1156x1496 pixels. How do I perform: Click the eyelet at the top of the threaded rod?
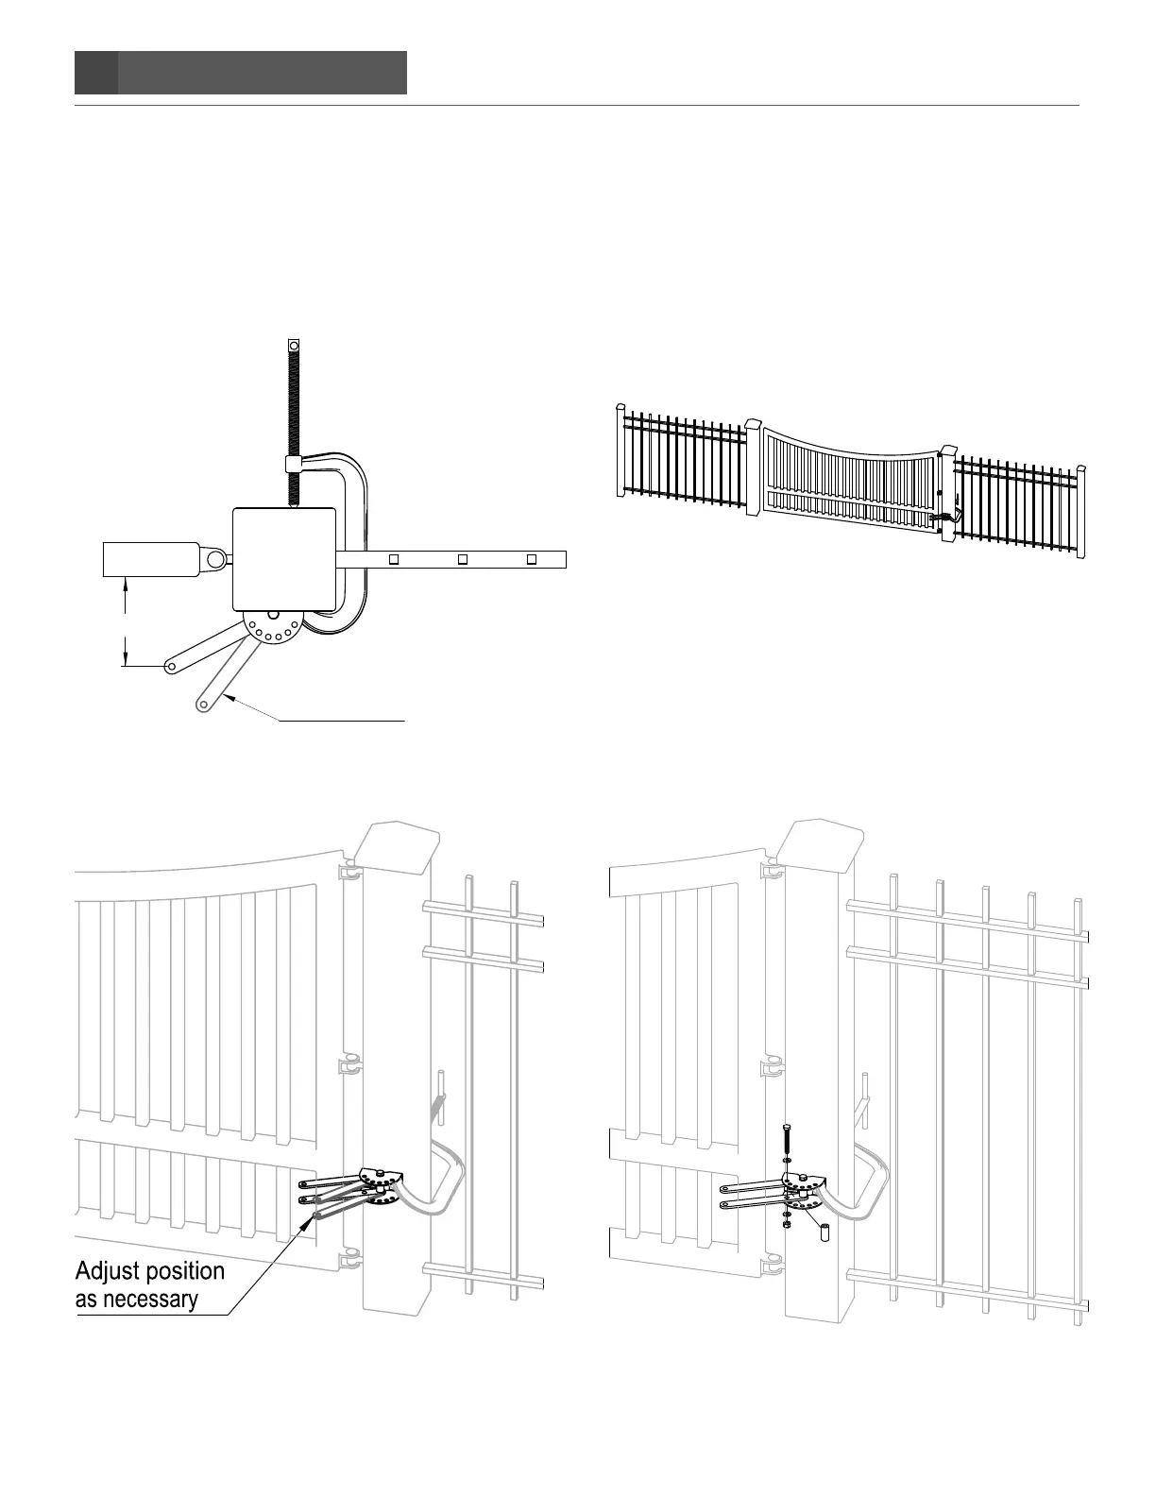point(293,347)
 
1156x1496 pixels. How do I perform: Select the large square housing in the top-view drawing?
point(284,558)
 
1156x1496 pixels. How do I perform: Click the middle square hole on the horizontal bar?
point(462,559)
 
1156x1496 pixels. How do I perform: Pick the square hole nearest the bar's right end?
point(532,559)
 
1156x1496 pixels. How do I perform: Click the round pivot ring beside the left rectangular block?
point(216,559)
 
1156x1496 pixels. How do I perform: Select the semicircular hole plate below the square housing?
point(272,627)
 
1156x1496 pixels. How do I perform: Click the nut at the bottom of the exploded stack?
point(787,1224)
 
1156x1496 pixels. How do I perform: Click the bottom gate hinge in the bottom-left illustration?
point(348,1259)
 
